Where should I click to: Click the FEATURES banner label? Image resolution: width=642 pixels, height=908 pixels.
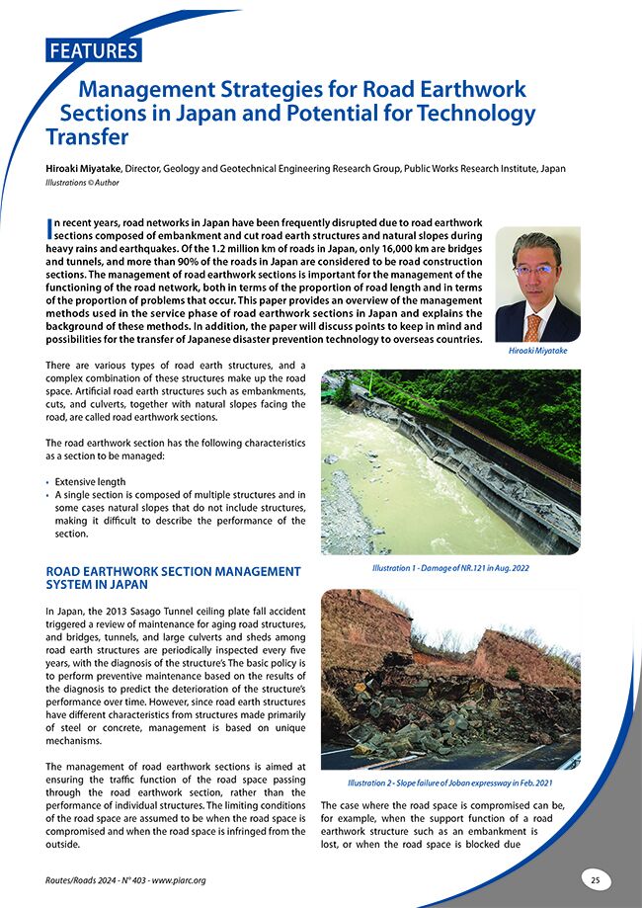(94, 50)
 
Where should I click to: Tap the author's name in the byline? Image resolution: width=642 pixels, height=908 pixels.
(90, 169)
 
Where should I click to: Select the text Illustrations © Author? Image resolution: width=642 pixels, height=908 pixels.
(85, 184)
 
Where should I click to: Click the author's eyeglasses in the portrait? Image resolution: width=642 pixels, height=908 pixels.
(535, 269)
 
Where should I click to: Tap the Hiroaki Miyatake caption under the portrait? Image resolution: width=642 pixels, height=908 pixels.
(536, 351)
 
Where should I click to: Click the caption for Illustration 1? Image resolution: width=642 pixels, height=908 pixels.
(450, 571)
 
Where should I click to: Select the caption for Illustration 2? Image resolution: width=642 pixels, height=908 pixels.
(450, 784)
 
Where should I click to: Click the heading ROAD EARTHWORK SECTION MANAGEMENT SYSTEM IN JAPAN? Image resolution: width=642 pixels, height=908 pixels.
(173, 578)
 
